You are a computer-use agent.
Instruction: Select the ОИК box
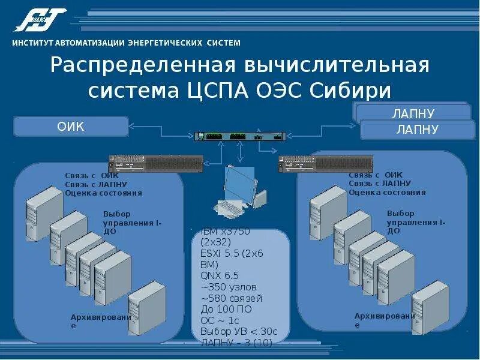point(71,127)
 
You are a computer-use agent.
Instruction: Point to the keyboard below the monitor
point(229,207)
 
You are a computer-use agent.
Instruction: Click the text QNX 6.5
point(220,275)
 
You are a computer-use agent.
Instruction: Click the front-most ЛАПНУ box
point(416,129)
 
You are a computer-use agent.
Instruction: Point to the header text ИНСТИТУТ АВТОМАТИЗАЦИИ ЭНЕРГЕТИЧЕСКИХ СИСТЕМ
point(127,43)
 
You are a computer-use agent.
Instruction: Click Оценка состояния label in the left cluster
point(104,193)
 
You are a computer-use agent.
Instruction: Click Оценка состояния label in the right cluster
point(387,193)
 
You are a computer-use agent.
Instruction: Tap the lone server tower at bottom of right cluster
point(430,307)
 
